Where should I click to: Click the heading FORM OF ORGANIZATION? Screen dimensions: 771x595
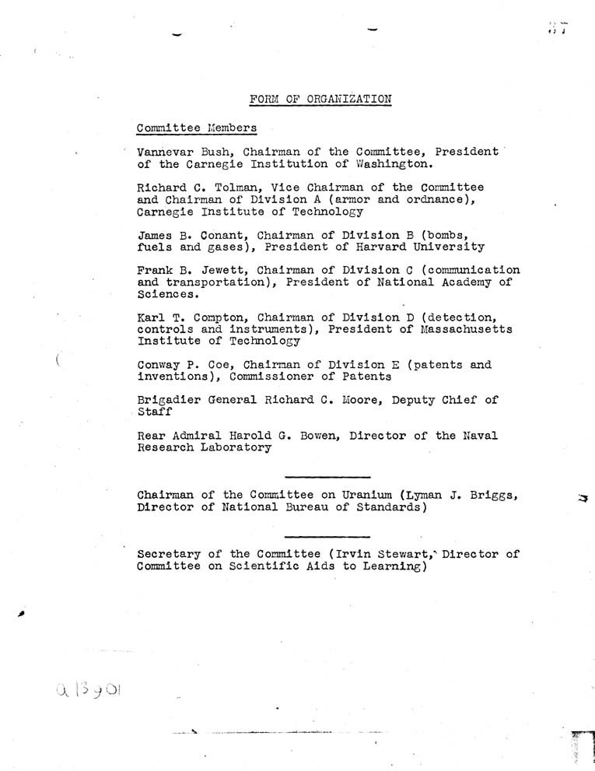(x=320, y=99)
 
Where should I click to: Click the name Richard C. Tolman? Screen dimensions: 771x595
(x=185, y=187)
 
